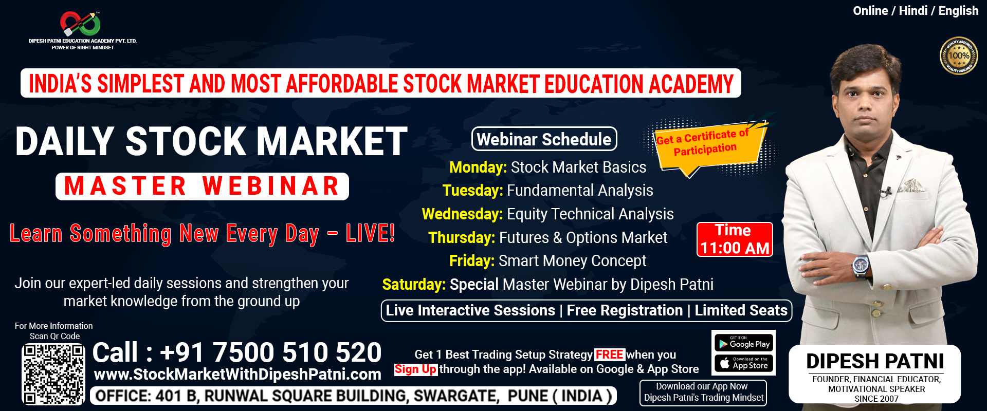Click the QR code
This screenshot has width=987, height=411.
point(53,374)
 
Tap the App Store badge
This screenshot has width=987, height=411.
point(744,363)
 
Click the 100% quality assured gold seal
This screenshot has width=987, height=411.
point(959,55)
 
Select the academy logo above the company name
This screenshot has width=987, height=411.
point(80,24)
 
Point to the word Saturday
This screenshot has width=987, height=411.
point(414,285)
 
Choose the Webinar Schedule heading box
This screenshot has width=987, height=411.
point(544,139)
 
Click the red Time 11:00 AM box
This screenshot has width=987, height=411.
point(735,239)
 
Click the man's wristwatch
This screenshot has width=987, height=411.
point(860,265)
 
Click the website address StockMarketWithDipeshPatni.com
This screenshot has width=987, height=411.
point(237,375)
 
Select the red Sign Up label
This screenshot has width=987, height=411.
point(415,369)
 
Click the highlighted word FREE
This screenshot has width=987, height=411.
point(609,354)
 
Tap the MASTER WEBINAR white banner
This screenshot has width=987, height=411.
point(202,186)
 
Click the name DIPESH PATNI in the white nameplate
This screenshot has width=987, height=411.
point(875,361)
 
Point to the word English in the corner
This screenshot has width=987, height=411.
point(958,11)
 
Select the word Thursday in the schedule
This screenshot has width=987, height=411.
point(461,238)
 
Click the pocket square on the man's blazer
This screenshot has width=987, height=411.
point(911,185)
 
